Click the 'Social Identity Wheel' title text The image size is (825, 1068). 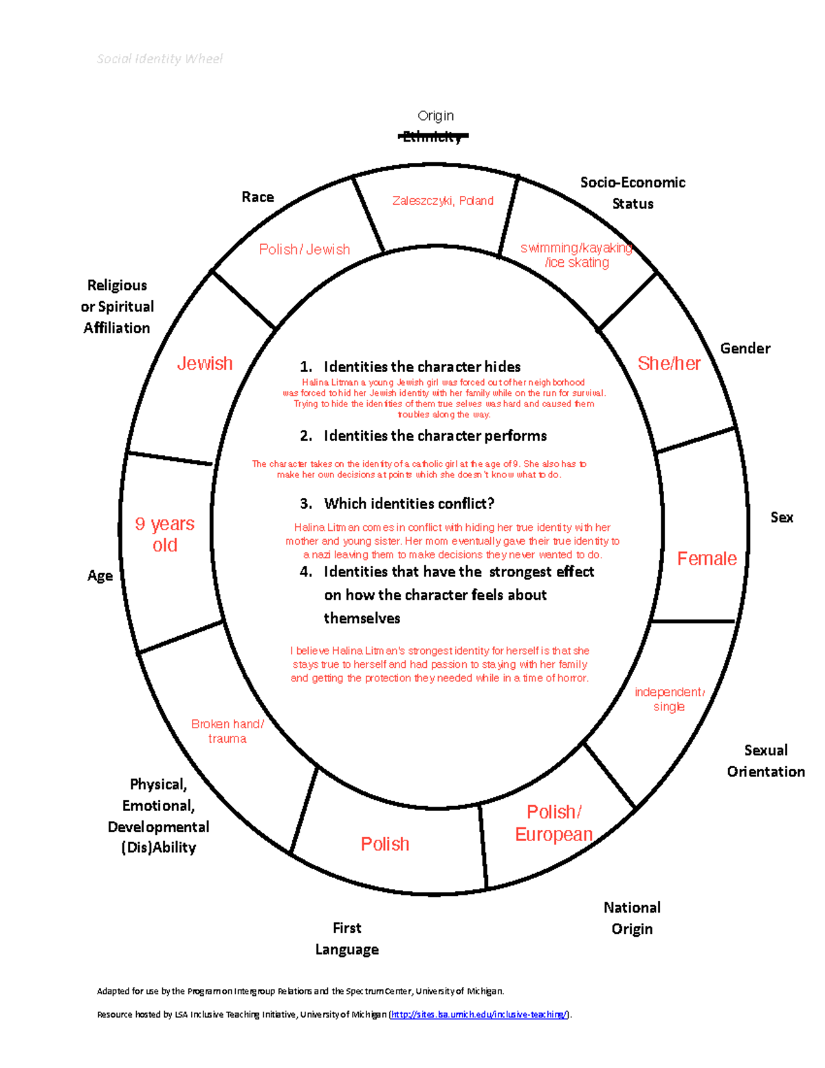coord(159,59)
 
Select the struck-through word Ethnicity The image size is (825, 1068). coord(433,137)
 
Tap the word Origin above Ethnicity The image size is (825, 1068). coord(436,116)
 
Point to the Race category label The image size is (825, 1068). coord(258,197)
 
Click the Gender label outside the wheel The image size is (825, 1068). coord(745,349)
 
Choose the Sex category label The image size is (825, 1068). coord(782,518)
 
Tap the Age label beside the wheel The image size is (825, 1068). coord(100,576)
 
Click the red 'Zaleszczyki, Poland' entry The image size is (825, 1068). coord(443,201)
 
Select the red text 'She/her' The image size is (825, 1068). coord(669,364)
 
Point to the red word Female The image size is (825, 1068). coord(707,559)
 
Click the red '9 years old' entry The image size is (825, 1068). coord(165,534)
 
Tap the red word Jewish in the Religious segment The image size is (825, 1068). coord(205,364)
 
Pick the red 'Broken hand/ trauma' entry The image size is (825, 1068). coord(228,731)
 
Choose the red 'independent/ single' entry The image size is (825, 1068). coord(669,699)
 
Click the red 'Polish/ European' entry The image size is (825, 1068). coord(554,823)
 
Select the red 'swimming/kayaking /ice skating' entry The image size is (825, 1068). coord(577,255)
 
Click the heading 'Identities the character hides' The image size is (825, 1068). coord(422,367)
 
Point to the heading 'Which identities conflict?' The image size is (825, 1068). coord(409,504)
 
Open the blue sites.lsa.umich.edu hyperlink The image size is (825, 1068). coord(479,1014)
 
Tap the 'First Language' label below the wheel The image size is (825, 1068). coord(347,939)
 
